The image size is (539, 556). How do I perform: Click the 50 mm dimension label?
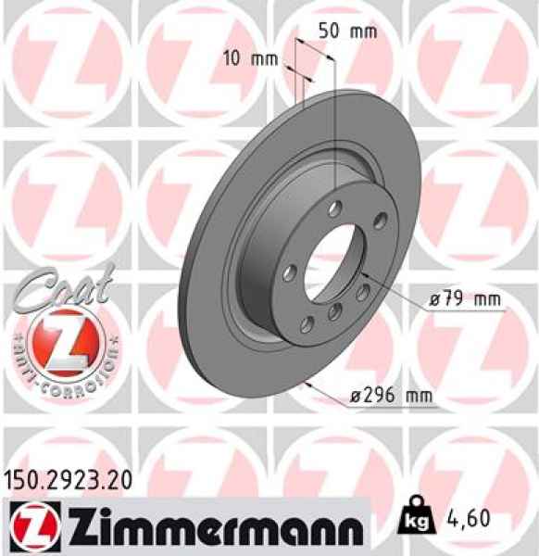(348, 30)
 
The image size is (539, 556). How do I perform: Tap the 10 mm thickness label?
(251, 58)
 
